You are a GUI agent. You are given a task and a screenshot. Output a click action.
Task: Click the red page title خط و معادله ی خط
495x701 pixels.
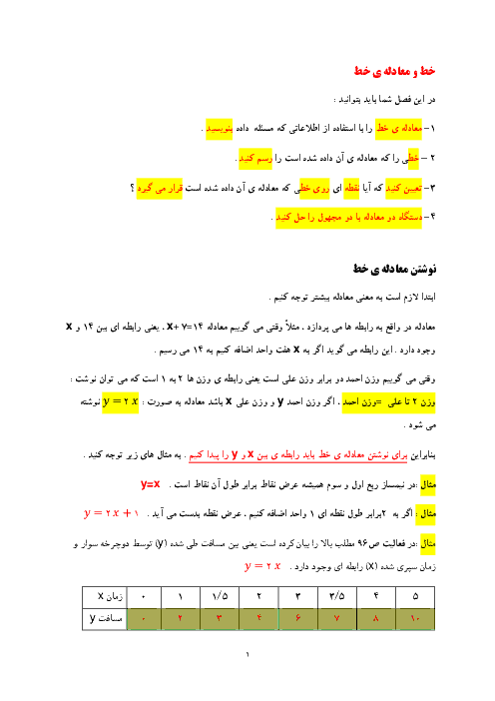[394, 71]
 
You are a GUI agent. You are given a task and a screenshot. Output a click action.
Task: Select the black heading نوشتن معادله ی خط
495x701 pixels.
[394, 269]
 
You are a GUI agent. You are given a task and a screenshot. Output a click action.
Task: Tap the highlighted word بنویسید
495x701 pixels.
[219, 129]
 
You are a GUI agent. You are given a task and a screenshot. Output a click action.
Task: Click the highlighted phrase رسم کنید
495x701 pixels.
[255, 158]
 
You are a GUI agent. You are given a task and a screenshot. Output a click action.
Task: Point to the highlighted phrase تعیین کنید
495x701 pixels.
[404, 188]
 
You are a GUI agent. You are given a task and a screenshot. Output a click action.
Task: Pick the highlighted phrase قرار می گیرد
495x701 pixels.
[160, 188]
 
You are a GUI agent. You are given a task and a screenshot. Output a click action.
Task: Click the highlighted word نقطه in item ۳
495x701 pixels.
[352, 188]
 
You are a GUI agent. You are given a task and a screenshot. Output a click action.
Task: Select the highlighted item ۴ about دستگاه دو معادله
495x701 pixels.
[349, 218]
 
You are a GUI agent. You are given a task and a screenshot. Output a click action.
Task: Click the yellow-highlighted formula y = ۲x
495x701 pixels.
[120, 401]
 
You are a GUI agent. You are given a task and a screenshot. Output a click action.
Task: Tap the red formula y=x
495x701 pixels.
[150, 484]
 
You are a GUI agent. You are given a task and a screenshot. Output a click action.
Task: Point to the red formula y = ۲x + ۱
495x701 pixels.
[112, 513]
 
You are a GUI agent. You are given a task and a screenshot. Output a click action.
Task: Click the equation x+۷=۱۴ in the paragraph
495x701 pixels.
[185, 327]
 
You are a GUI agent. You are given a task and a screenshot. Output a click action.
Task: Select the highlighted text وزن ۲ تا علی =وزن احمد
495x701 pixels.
[388, 402]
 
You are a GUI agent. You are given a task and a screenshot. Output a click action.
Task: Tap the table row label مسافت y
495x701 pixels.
[106, 619]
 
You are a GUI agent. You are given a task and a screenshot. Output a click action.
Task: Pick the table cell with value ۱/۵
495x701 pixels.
[220, 597]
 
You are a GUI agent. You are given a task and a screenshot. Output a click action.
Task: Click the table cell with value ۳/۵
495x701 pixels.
[337, 597]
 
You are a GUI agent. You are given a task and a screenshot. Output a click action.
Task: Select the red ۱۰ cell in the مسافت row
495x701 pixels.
[415, 619]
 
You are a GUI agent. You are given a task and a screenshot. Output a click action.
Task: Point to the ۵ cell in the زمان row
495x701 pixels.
[415, 597]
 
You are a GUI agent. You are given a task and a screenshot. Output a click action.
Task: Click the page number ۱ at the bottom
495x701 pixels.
[247, 655]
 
